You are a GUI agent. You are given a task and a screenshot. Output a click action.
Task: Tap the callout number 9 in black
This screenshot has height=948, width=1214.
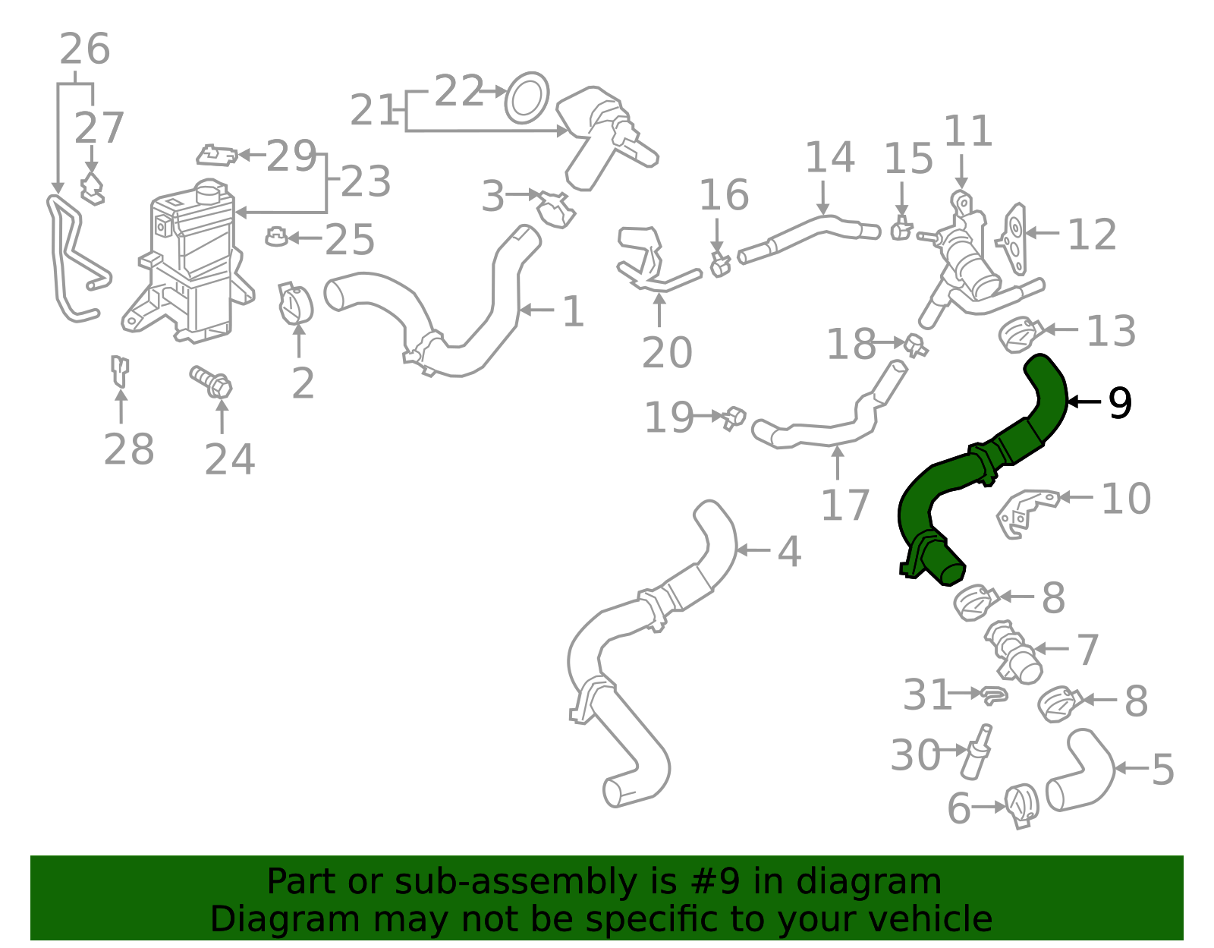pyautogui.click(x=1120, y=402)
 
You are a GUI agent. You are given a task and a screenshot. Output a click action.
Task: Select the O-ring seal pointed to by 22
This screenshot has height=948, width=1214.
pyautogui.click(x=527, y=99)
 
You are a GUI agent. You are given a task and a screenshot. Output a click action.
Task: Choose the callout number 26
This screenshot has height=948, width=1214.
pyautogui.click(x=85, y=49)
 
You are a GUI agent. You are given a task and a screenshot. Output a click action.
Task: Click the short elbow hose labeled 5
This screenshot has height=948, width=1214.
pyautogui.click(x=1081, y=770)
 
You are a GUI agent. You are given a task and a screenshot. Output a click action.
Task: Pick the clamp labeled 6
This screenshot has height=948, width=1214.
pyautogui.click(x=1021, y=807)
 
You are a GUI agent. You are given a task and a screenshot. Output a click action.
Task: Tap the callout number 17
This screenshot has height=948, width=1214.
pyautogui.click(x=844, y=505)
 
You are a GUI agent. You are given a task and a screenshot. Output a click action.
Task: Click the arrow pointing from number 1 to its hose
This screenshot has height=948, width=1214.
pyautogui.click(x=537, y=310)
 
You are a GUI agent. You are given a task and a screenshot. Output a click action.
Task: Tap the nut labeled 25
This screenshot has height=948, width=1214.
pyautogui.click(x=276, y=237)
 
